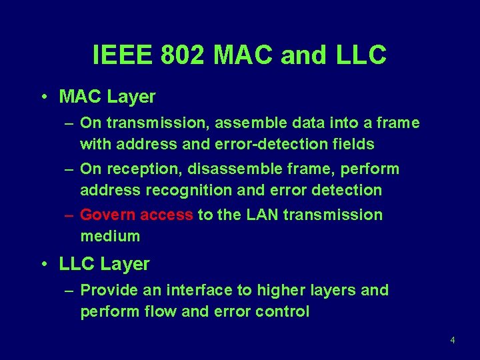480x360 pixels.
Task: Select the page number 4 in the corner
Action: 453,340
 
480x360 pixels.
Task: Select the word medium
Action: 110,236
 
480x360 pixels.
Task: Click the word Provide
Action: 107,291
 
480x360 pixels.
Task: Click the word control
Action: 282,311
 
